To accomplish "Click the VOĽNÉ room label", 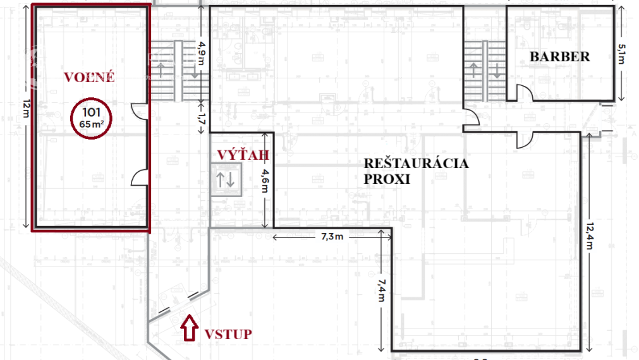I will coord(89,77).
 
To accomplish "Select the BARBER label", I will coord(559,57).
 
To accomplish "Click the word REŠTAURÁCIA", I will coord(416,164).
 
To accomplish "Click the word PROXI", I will coord(387,179).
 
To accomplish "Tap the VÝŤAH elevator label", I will coord(243,155).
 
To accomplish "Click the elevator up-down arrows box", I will coord(226,179).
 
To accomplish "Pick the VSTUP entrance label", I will coord(228,334).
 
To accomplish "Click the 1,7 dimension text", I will coord(202,117).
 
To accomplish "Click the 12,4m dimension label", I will coord(589,237).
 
